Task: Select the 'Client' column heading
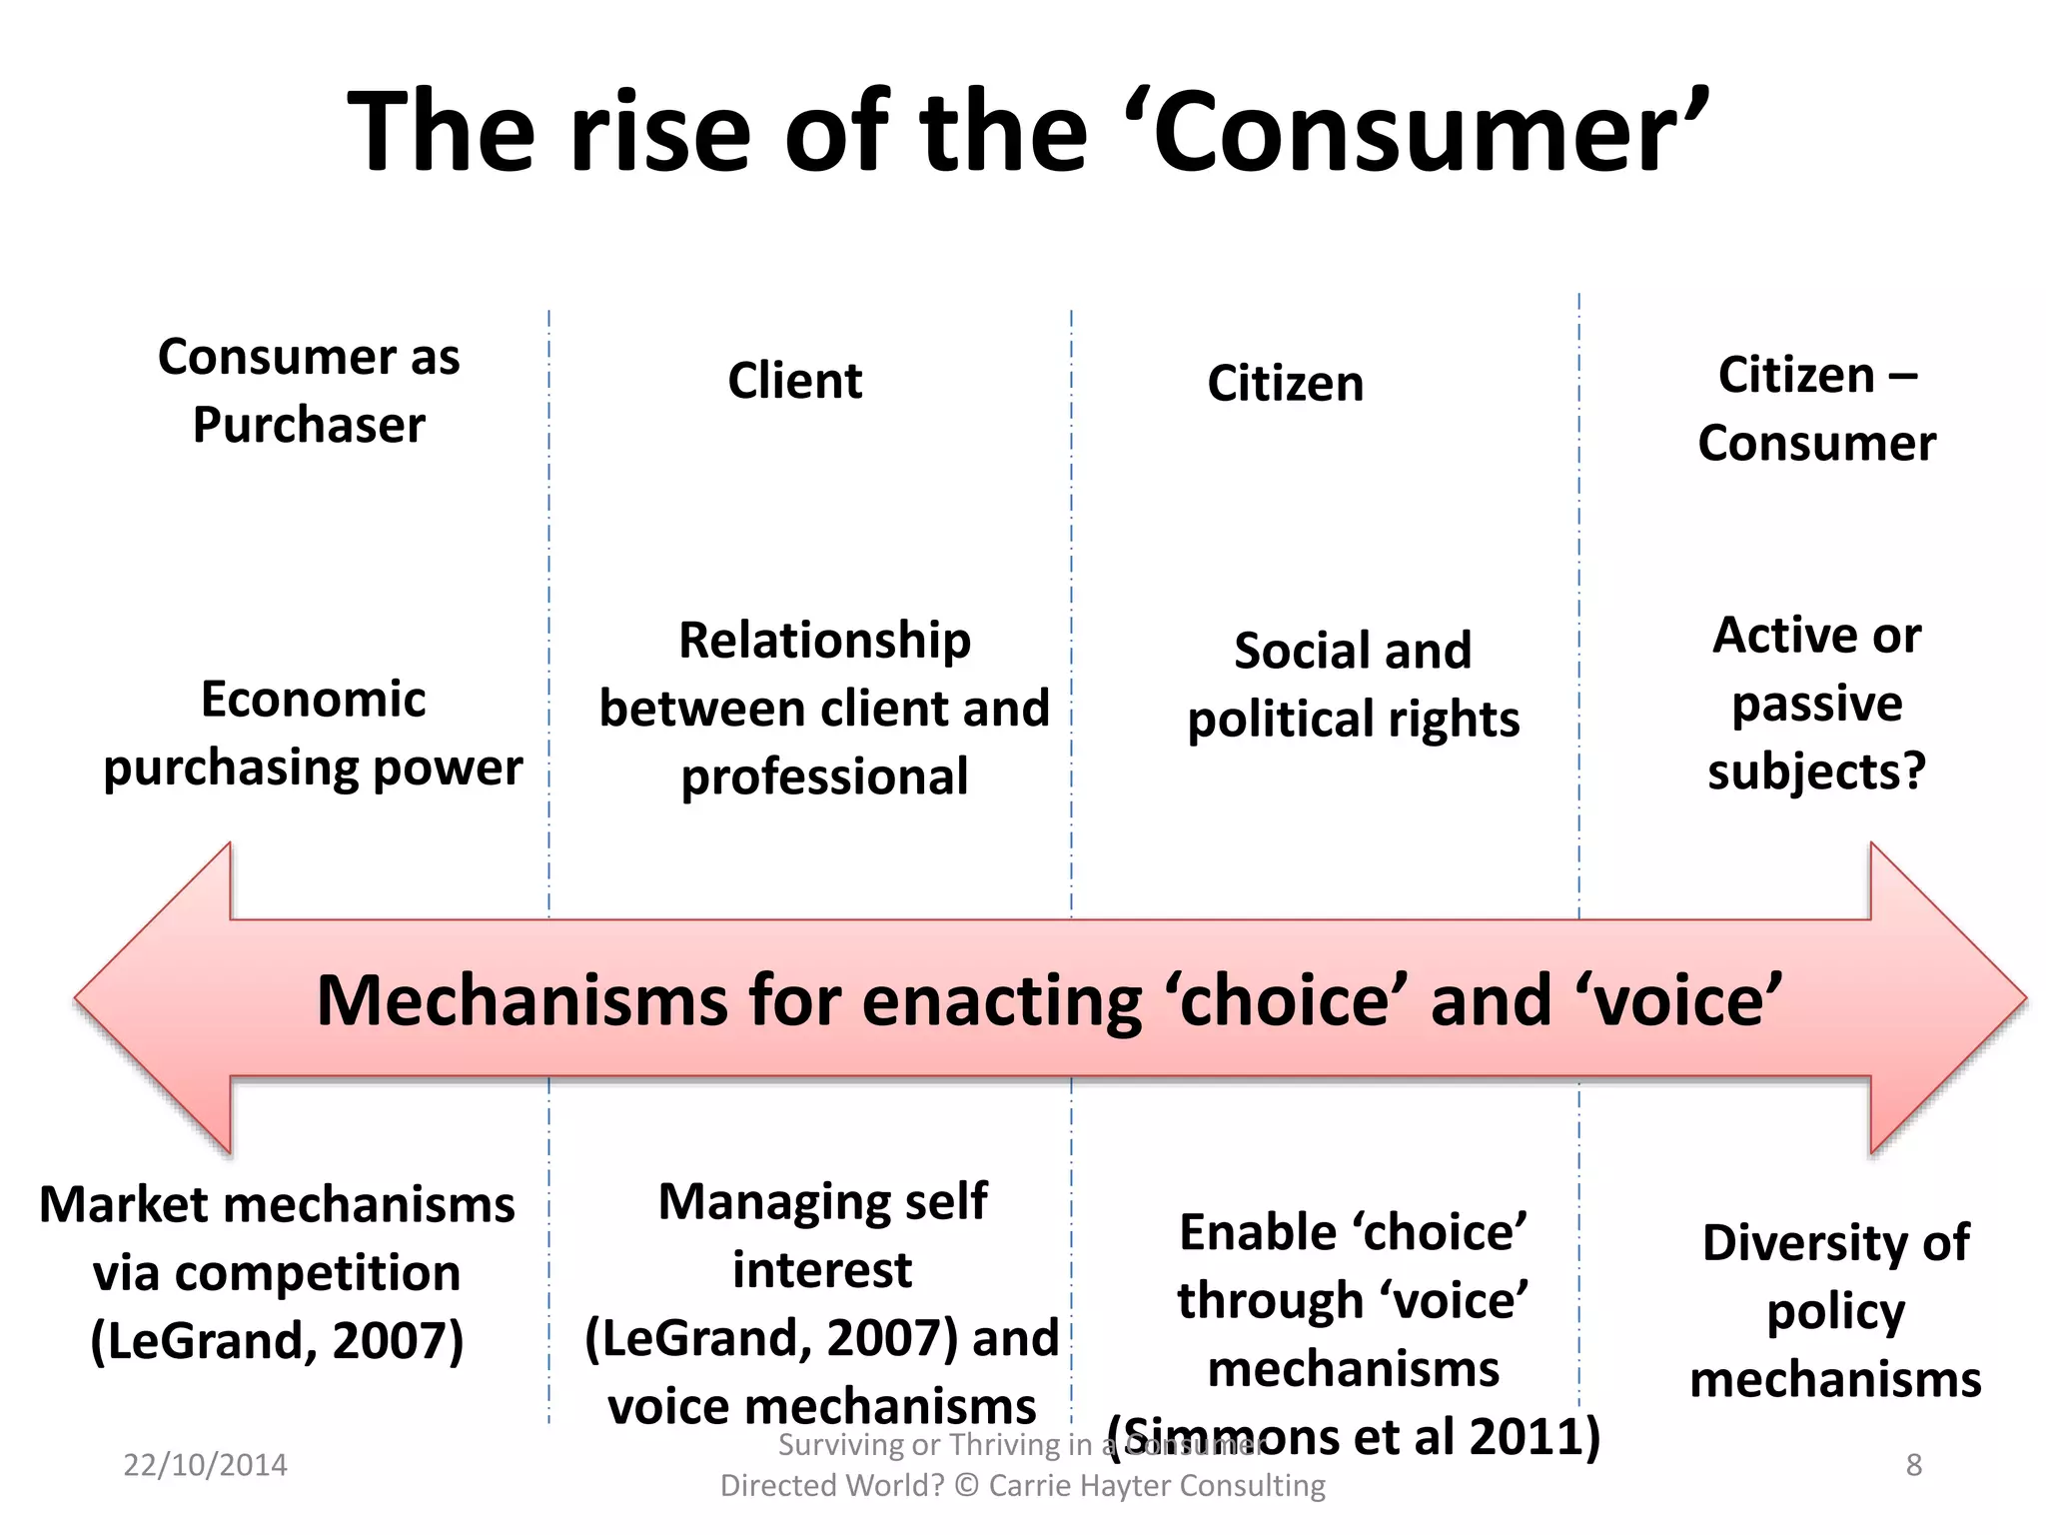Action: point(794,381)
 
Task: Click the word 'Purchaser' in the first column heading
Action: point(309,425)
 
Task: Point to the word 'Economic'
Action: point(313,699)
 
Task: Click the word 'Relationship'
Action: point(824,641)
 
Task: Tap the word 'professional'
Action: point(824,776)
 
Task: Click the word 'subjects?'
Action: point(1816,771)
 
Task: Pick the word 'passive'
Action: point(1816,704)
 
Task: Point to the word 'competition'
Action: point(277,1273)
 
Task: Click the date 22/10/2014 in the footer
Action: point(205,1465)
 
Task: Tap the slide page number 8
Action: point(1913,1465)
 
